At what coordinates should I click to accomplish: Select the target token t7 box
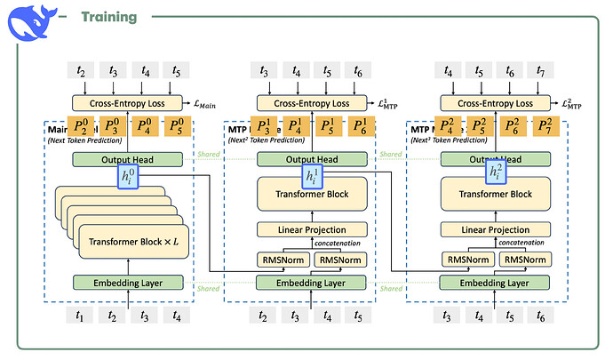coord(541,70)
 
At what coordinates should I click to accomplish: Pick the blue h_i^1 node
coord(313,177)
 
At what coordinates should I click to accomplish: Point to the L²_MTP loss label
coord(570,104)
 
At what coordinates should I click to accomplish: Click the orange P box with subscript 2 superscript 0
coord(81,126)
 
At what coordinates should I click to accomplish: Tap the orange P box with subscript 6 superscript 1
coord(362,126)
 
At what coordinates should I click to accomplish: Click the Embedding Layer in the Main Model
coord(131,283)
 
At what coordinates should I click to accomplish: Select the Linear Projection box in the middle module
coord(313,229)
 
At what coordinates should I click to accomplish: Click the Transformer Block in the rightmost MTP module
coord(494,194)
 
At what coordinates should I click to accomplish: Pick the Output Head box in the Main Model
coord(131,159)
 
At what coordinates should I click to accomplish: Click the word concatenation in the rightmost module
coord(521,242)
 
